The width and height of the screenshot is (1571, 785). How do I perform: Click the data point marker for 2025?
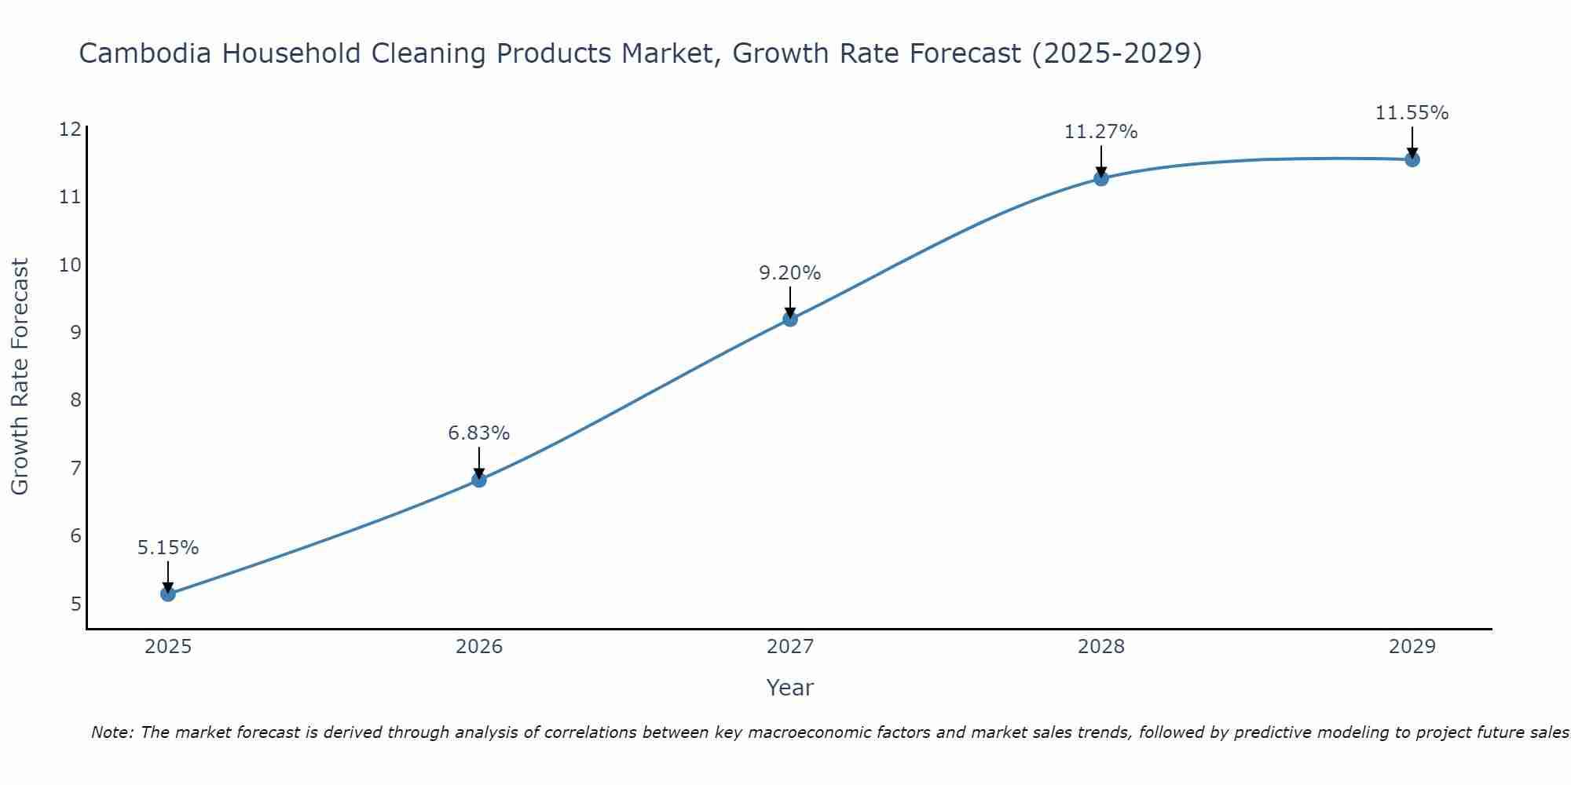point(168,594)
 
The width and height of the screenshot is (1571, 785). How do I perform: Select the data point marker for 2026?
point(479,480)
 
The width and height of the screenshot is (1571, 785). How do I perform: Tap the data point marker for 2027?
point(790,319)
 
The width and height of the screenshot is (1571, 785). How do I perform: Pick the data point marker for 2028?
point(1101,178)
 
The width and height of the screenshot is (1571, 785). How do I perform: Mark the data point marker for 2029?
point(1412,159)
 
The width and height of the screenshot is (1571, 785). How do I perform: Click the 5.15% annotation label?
point(168,548)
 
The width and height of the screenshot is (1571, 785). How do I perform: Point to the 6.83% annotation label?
point(479,433)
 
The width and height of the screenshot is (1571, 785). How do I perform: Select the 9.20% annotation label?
point(790,273)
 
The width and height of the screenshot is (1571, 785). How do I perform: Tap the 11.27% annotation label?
point(1101,132)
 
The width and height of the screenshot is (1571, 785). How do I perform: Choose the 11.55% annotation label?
point(1412,113)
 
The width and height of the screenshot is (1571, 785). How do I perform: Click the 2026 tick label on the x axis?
point(479,647)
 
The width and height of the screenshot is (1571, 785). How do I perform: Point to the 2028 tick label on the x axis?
point(1101,647)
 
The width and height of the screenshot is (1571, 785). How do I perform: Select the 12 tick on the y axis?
point(70,130)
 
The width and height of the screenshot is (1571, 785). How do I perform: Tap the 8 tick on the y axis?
point(75,400)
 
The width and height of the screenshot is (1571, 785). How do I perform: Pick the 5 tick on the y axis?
point(75,604)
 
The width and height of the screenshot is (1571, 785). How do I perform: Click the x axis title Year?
point(790,688)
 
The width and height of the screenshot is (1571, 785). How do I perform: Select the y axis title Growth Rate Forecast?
point(20,377)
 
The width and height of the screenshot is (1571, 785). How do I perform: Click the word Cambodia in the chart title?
point(145,53)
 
